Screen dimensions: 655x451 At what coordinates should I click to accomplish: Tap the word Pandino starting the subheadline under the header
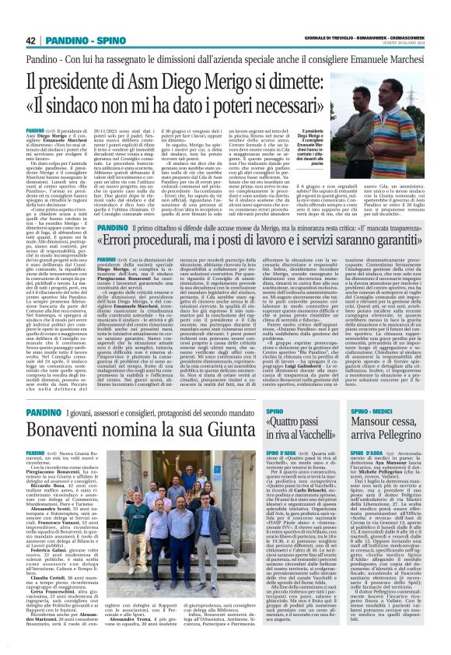[44, 60]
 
